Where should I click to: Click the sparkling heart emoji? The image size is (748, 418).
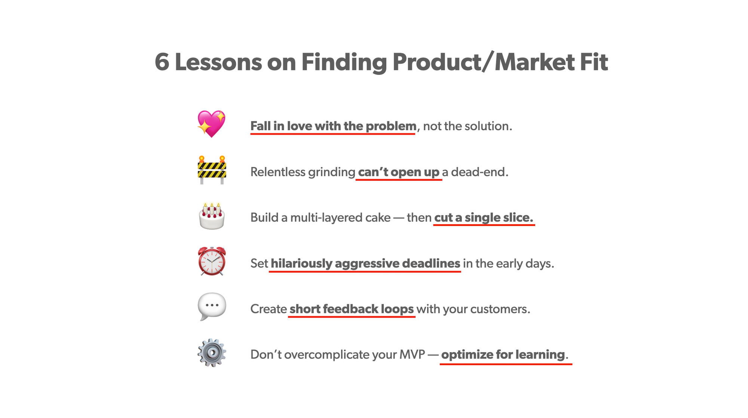212,124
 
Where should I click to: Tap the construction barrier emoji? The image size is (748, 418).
212,170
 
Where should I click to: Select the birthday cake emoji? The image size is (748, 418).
212,216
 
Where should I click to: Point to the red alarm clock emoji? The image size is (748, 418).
212,261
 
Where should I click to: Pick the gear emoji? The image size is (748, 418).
212,353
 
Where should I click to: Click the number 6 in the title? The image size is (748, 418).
162,62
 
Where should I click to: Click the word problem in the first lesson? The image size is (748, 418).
391,126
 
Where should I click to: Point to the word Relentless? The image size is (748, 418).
278,172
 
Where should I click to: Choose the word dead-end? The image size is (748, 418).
480,172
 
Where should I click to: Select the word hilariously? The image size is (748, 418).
301,264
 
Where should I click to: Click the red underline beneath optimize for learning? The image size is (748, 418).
506,363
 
